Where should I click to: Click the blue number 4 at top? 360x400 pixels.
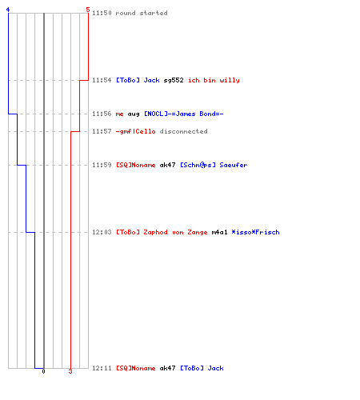(8, 10)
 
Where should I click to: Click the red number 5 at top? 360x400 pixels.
(88, 10)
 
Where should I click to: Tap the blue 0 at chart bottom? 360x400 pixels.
(43, 371)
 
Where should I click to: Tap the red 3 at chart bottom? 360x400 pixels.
(70, 371)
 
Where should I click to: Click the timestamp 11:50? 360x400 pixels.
(102, 13)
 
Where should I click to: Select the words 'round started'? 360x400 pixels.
(142, 13)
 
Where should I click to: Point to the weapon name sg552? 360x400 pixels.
(174, 80)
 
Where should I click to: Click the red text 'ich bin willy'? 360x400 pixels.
(214, 80)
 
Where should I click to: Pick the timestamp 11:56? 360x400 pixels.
(102, 114)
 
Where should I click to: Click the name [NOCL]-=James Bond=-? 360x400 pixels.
(184, 114)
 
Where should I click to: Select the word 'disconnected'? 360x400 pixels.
(183, 131)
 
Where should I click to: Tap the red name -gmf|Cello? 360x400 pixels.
(135, 131)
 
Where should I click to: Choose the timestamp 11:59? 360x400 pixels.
(102, 165)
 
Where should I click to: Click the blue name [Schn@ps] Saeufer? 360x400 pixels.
(214, 165)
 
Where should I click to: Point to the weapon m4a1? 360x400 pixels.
(219, 232)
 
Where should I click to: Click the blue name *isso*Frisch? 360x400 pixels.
(255, 232)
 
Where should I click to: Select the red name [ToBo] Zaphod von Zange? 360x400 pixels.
(162, 232)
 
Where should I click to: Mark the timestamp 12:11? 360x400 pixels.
(102, 368)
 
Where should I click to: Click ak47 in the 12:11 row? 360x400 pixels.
(167, 368)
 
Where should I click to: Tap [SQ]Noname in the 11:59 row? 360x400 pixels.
(135, 165)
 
